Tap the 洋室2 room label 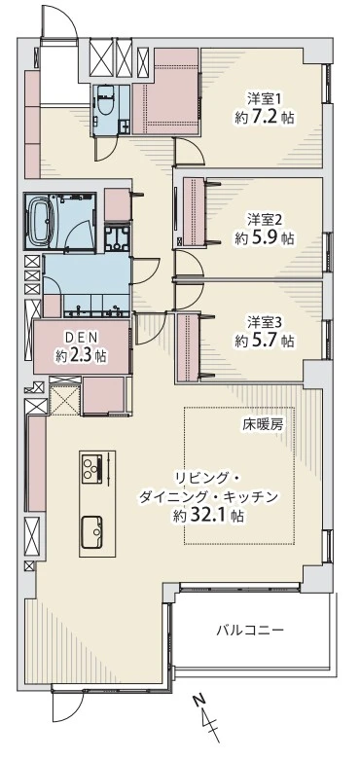point(264,218)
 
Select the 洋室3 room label point(264,321)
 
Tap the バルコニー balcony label point(250,630)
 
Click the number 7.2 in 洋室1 point(266,118)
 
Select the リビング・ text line point(207,478)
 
